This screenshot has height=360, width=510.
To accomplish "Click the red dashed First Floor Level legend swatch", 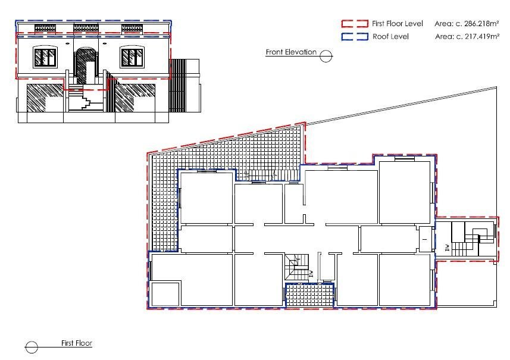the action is tap(355, 23).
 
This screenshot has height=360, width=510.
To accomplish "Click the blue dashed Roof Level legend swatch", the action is tap(355, 36).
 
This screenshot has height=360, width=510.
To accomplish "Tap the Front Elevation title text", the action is tap(291, 52).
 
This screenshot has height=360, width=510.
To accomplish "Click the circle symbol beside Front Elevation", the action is tap(326, 56).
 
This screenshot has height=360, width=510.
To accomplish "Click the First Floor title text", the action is tap(77, 343).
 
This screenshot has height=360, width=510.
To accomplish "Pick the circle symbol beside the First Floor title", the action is tap(32, 347).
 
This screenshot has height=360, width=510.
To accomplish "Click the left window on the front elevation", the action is tap(45, 57).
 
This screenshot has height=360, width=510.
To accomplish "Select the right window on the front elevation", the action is tap(132, 57).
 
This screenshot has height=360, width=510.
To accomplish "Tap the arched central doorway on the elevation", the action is tap(86, 65).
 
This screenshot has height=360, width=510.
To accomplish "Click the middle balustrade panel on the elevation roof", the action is tap(86, 28).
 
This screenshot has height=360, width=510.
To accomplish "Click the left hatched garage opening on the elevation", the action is tap(45, 98).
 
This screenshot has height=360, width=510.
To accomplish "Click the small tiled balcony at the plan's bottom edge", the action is tap(309, 295).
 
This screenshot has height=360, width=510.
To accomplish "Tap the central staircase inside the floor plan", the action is tap(296, 267).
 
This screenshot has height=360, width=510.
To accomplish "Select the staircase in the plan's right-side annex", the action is tap(473, 239).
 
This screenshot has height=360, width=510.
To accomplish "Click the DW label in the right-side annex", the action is tap(448, 248).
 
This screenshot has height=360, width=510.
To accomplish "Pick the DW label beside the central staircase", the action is tap(311, 274).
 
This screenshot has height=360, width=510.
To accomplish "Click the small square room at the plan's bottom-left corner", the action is tap(165, 295).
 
